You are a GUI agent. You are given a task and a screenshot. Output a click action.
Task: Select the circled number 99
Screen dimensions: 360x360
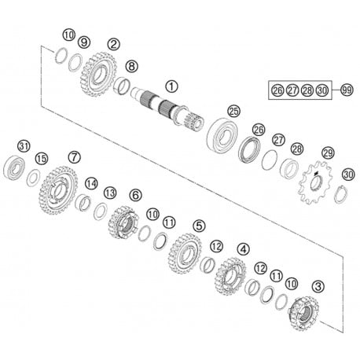(x=347, y=90)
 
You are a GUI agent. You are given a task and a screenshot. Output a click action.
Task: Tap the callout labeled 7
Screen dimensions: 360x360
(x=74, y=156)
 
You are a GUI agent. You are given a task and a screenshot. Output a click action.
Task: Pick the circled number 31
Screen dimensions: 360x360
(x=24, y=147)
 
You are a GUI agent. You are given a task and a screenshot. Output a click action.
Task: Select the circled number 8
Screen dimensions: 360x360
(x=131, y=66)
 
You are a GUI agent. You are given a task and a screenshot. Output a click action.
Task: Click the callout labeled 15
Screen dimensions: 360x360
(x=41, y=159)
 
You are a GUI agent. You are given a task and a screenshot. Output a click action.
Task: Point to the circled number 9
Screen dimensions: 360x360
(x=84, y=42)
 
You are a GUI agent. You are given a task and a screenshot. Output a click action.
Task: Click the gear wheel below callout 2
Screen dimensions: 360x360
(x=96, y=75)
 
